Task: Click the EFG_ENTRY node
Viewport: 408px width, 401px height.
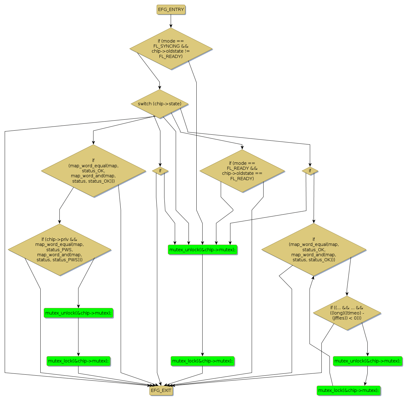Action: (171, 10)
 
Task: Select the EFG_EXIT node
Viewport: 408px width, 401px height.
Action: (161, 390)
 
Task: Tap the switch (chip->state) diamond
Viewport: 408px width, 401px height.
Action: (160, 104)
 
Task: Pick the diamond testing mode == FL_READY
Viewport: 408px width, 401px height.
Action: (242, 171)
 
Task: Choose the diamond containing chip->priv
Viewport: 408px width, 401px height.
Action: (59, 249)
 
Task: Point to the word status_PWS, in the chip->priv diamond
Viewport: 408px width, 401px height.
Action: (59, 250)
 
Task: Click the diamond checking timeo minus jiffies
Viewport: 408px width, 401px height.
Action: (347, 313)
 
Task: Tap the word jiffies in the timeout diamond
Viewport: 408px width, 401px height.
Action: (340, 318)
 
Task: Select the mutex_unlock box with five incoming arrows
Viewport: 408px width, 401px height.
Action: (202, 250)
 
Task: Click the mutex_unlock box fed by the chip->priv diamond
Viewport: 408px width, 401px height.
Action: (78, 313)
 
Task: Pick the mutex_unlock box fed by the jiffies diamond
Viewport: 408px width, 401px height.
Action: (367, 361)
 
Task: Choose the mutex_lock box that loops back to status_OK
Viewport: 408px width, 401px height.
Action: (348, 390)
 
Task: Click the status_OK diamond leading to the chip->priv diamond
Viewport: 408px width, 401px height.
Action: (93, 171)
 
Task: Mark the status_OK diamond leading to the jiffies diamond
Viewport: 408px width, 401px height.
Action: (314, 249)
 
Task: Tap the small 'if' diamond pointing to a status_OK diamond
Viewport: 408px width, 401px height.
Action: (310, 171)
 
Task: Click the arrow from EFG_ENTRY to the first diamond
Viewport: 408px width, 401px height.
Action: (171, 21)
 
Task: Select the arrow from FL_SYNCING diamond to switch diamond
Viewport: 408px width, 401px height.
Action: (149, 67)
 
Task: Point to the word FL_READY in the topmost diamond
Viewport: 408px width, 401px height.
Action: (171, 56)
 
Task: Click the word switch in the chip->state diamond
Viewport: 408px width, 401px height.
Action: (145, 104)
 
